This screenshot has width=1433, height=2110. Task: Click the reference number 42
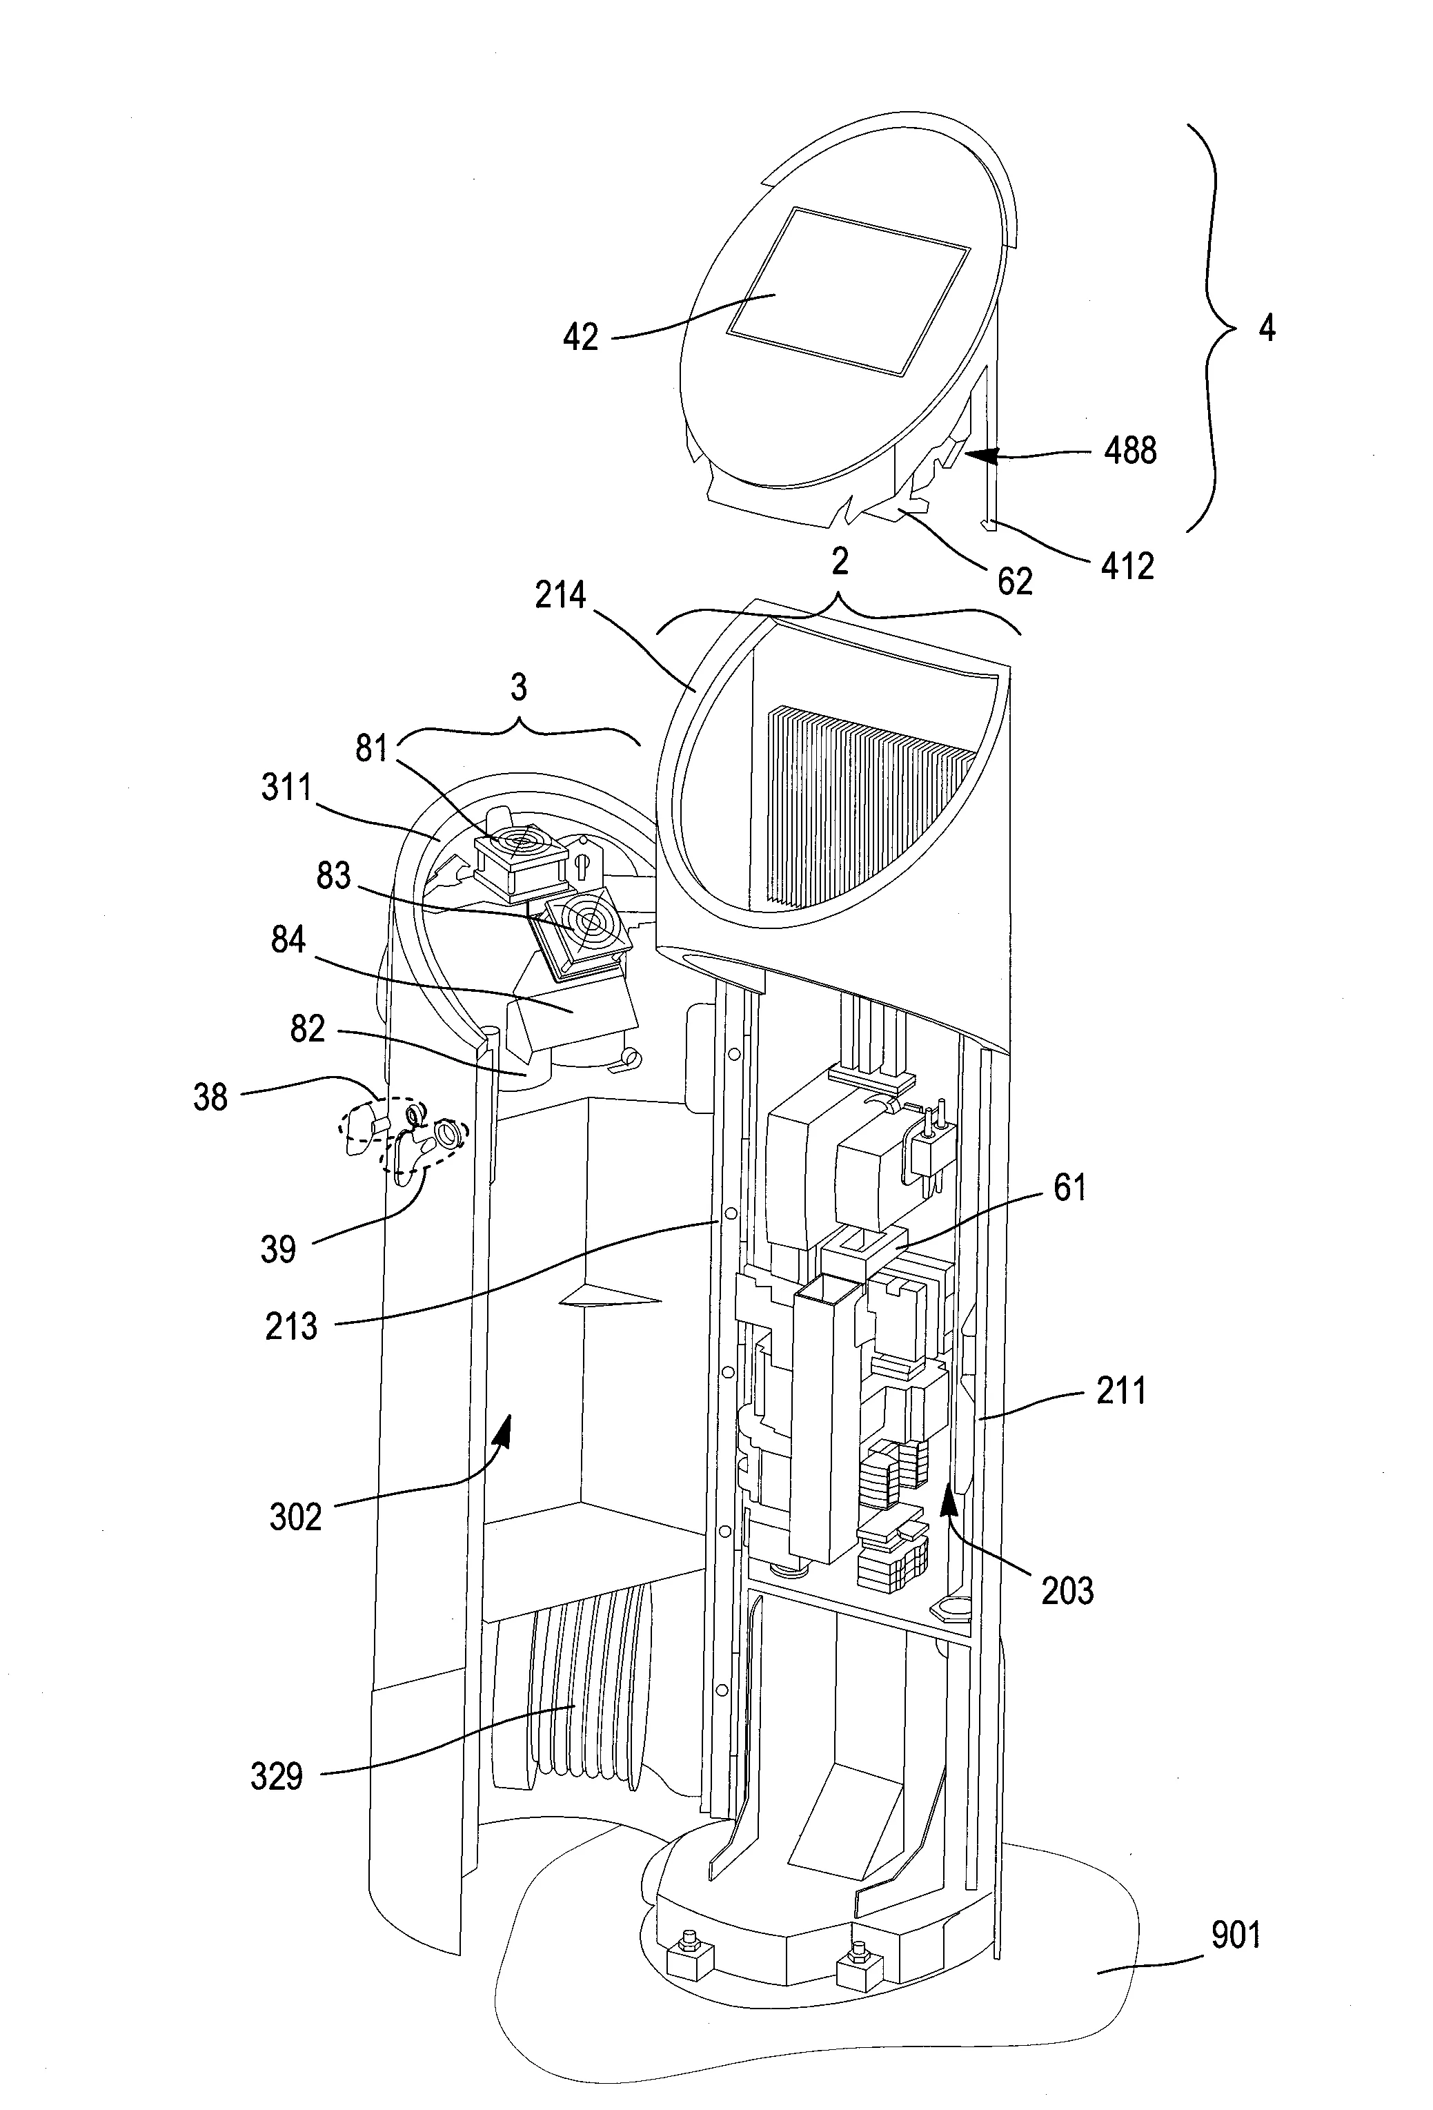[581, 338]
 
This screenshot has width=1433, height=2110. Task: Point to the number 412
[1127, 567]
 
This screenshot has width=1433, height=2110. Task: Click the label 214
[561, 596]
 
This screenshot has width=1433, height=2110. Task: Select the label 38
[210, 1097]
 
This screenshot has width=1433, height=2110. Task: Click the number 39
[279, 1250]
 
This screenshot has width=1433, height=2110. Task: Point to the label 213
[291, 1327]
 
